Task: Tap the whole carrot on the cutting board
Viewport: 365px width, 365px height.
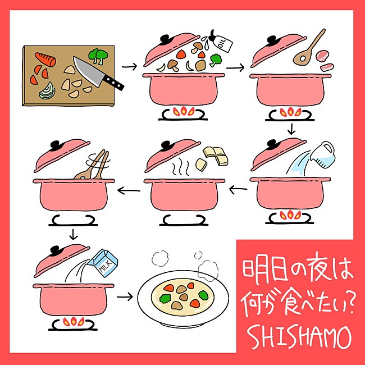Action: [45, 58]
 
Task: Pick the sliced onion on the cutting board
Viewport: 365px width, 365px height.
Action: [46, 89]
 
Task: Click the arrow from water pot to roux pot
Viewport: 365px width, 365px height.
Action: [239, 191]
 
